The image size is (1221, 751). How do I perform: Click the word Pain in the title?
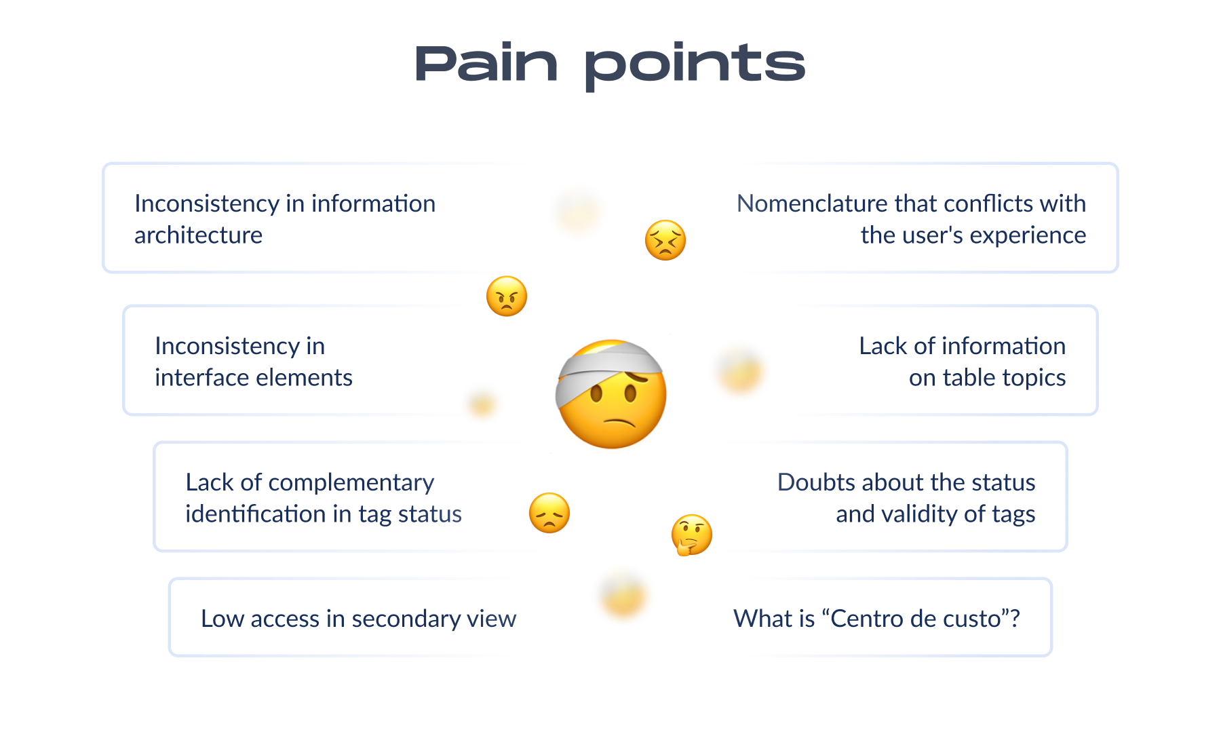click(x=486, y=64)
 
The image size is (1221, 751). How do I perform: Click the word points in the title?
click(x=695, y=66)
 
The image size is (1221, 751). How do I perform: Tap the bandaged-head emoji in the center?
click(x=611, y=395)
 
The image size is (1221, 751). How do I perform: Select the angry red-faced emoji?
click(x=507, y=296)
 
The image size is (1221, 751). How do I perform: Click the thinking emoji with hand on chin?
click(x=691, y=535)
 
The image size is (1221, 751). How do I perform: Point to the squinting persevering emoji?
click(x=665, y=240)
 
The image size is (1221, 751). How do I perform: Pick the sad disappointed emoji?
click(x=549, y=513)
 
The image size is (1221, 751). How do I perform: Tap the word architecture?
click(x=198, y=235)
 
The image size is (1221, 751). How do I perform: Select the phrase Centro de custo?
click(x=916, y=619)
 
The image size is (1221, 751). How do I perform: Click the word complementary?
click(x=351, y=482)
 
